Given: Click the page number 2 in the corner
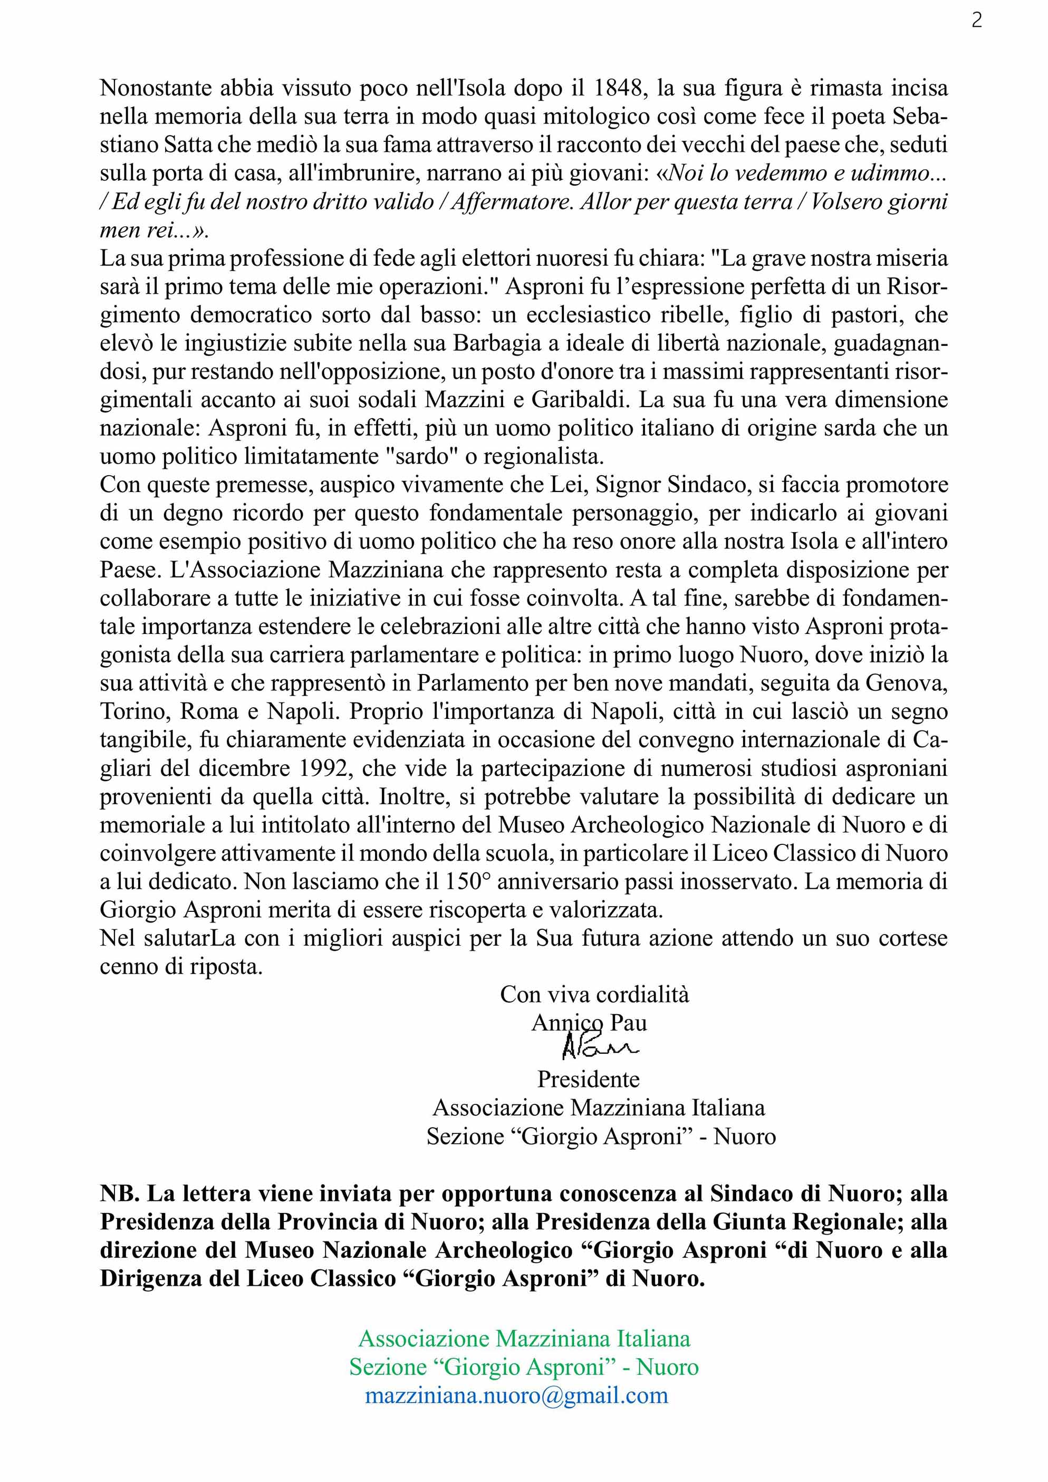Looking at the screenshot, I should coord(976,21).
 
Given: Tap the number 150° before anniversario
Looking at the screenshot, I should coord(468,881).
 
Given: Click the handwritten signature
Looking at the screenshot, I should coord(599,1047).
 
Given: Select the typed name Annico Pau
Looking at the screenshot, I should coord(589,1023).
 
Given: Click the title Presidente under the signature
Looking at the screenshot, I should coord(589,1079).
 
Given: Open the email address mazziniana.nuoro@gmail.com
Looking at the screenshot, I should coord(516,1396).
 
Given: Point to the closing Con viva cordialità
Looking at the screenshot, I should coord(594,994).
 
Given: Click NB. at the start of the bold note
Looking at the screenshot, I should coord(120,1194).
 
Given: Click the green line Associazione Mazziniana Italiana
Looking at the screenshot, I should coord(524,1338).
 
